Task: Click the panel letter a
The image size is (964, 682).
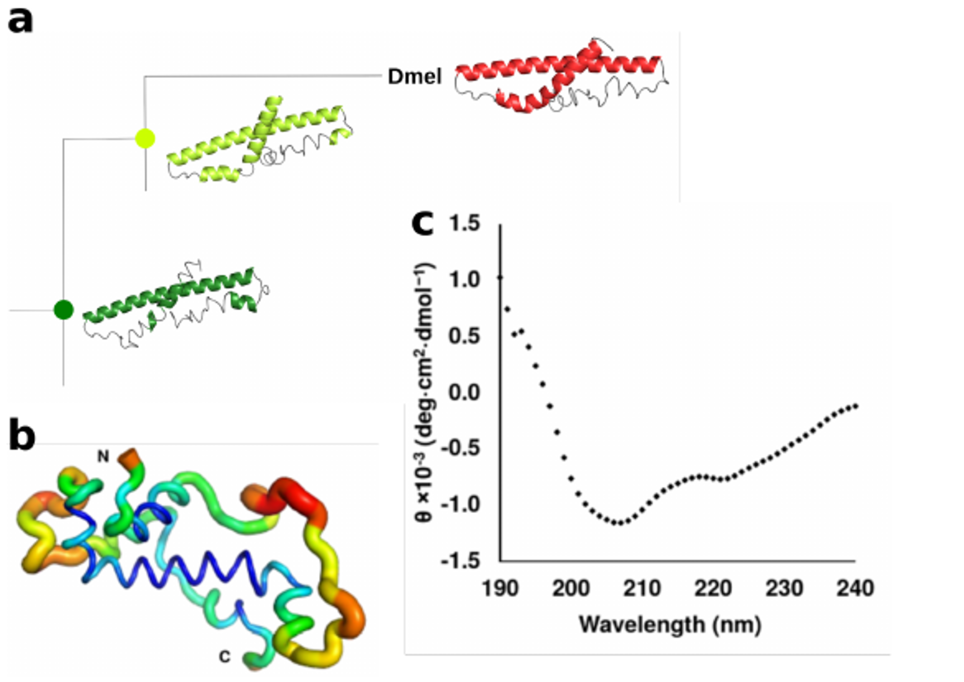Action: (x=20, y=20)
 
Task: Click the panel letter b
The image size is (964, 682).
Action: (x=22, y=436)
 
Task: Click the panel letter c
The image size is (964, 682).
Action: (x=422, y=223)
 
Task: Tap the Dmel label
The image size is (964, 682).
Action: (x=414, y=77)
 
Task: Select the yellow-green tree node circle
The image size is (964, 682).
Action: (x=145, y=138)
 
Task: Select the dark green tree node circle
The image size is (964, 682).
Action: (x=64, y=310)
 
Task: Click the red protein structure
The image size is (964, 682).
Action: (x=561, y=77)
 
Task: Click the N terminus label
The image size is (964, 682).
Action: (x=103, y=456)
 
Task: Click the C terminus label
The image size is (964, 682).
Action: (x=224, y=656)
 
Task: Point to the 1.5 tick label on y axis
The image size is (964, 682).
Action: (x=464, y=223)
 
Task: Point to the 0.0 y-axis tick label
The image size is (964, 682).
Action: (x=464, y=392)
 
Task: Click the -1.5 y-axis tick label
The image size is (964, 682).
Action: (x=461, y=561)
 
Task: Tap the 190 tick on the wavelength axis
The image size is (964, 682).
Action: (x=500, y=588)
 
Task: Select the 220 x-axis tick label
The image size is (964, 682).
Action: (x=713, y=588)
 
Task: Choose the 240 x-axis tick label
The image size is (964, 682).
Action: (x=855, y=588)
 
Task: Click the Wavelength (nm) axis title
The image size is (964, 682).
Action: (x=670, y=624)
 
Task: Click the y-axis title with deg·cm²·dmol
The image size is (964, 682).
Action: (x=424, y=393)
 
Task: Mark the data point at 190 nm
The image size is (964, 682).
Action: (x=500, y=277)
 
